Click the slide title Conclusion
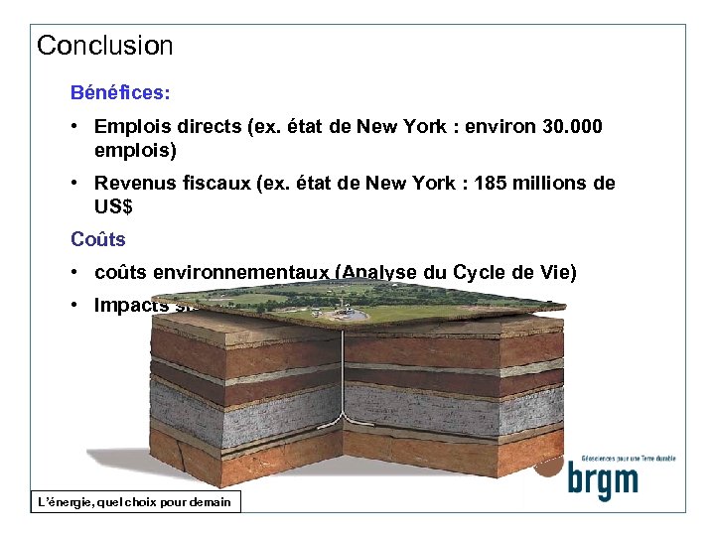(x=104, y=46)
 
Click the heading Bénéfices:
(x=120, y=92)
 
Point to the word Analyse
(x=389, y=273)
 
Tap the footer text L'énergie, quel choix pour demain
(x=133, y=502)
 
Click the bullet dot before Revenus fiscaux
(x=75, y=184)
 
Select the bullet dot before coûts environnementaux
(x=75, y=273)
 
